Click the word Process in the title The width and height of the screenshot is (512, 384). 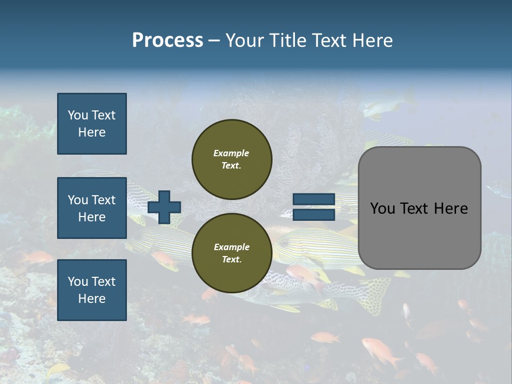coord(167,41)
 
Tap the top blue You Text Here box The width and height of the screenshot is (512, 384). coord(92,124)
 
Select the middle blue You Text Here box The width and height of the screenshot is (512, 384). coord(92,208)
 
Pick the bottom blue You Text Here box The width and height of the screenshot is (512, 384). coord(92,290)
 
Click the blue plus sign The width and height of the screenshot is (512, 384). coord(164,207)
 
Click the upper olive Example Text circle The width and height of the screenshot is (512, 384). coord(231,159)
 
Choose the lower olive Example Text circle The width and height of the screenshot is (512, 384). coord(231,253)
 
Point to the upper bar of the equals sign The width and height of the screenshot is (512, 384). coord(314,199)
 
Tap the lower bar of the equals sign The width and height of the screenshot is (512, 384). coord(314,214)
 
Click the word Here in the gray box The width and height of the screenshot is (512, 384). coord(451,209)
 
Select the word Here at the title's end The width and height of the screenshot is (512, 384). coord(374,41)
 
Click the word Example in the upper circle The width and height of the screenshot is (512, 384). coord(231,153)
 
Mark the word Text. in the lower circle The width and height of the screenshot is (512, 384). coord(231,260)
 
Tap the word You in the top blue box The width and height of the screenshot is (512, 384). coord(78,115)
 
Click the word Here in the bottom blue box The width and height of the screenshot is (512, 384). coord(92,299)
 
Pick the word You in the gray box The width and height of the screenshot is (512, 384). coord(382,209)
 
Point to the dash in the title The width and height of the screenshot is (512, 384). coord(214,41)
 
